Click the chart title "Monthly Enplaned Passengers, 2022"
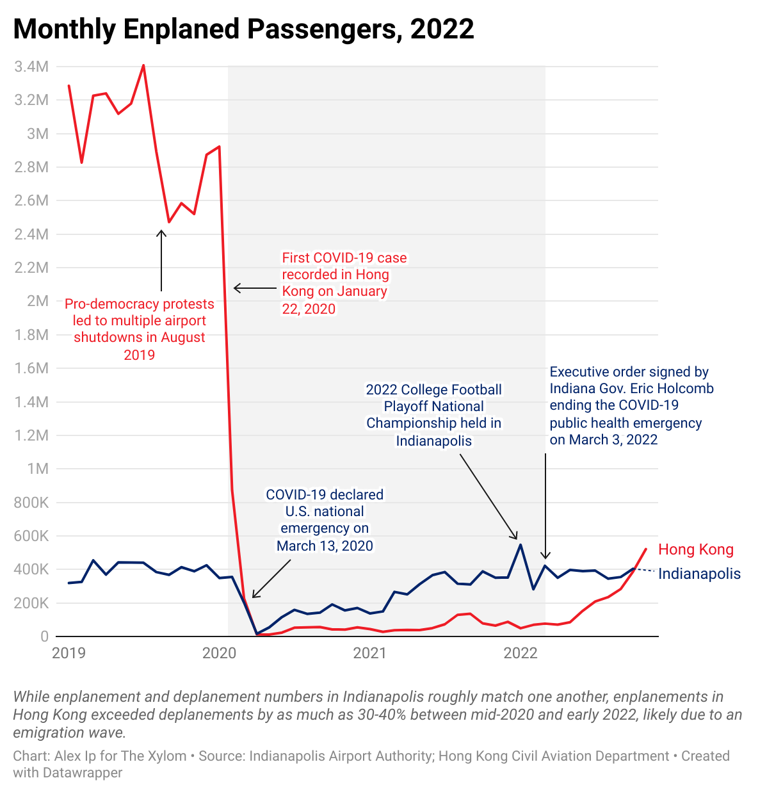pyautogui.click(x=243, y=29)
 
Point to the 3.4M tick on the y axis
pyautogui.click(x=31, y=67)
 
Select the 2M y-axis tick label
pyautogui.click(x=37, y=301)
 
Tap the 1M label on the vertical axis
pyautogui.click(x=38, y=469)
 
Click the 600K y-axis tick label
pyautogui.click(x=31, y=536)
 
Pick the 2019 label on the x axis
pyautogui.click(x=69, y=653)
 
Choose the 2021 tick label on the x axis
pyautogui.click(x=370, y=653)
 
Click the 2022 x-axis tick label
pyautogui.click(x=521, y=653)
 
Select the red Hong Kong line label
pyautogui.click(x=695, y=549)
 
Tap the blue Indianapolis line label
pyautogui.click(x=699, y=574)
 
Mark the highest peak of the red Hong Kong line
pyautogui.click(x=143, y=65)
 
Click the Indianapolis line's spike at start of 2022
pyautogui.click(x=521, y=545)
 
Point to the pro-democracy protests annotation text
pyautogui.click(x=140, y=329)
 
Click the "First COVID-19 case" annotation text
pyautogui.click(x=344, y=283)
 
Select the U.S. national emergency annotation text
pyautogui.click(x=325, y=520)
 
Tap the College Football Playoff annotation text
pyautogui.click(x=433, y=415)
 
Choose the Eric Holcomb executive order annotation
pyautogui.click(x=631, y=405)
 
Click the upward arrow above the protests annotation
pyautogui.click(x=161, y=260)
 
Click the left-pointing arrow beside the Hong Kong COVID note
pyautogui.click(x=254, y=288)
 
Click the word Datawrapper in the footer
pyautogui.click(x=83, y=773)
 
